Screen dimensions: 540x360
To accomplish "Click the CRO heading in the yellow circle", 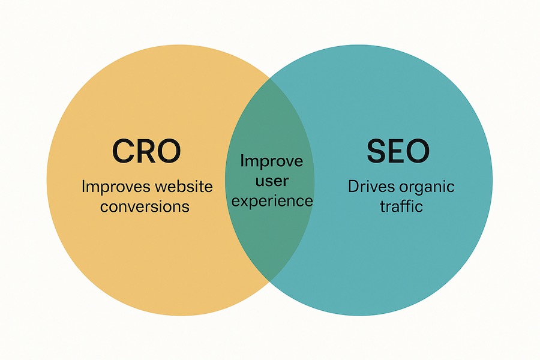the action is click(146, 151).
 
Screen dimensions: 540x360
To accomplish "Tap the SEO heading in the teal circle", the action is click(398, 151).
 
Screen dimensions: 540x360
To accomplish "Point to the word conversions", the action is click(145, 206).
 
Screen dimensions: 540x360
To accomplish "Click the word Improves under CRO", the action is click(116, 187).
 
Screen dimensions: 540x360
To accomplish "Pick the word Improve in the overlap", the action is click(271, 161).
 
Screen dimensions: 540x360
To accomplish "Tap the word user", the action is click(272, 181).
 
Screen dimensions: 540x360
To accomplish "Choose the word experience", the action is click(272, 201).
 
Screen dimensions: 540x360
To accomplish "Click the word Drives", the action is click(371, 187).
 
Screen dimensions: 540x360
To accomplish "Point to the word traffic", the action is click(401, 206).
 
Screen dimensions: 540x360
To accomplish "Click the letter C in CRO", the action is click(123, 151).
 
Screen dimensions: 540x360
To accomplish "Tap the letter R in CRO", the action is click(147, 151).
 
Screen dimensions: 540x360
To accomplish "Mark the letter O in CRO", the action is click(169, 151).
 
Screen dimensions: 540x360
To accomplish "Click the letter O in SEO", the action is click(418, 151).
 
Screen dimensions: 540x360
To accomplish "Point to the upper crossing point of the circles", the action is click(270, 78).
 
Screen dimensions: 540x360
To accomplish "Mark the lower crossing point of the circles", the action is click(270, 281).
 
